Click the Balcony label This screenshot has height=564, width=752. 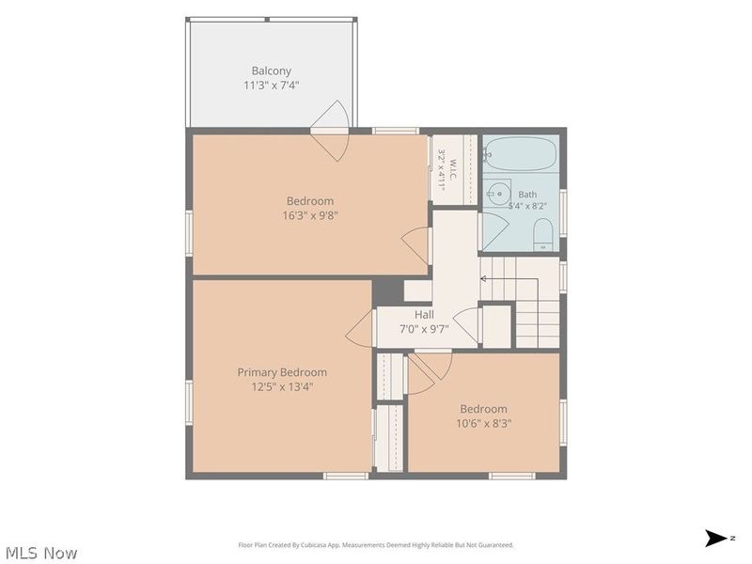pos(272,71)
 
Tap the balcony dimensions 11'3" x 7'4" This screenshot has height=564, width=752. pos(272,86)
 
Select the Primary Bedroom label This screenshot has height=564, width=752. pos(282,372)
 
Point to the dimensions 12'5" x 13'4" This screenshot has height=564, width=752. pos(282,386)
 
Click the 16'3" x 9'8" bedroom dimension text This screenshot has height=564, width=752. pos(310,215)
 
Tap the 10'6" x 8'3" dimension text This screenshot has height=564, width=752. pos(484,424)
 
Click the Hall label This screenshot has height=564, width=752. pos(425,315)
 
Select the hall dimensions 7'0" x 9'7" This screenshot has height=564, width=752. pos(425,329)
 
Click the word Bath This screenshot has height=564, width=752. pos(527,195)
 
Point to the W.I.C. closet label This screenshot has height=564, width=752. pos(453,169)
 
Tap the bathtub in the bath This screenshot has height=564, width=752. pos(520,153)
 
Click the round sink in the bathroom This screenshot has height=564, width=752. pos(499,194)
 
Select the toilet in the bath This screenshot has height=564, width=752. pos(543,234)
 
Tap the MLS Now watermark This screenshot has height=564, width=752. pos(41,553)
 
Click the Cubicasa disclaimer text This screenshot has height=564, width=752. pos(376,545)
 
